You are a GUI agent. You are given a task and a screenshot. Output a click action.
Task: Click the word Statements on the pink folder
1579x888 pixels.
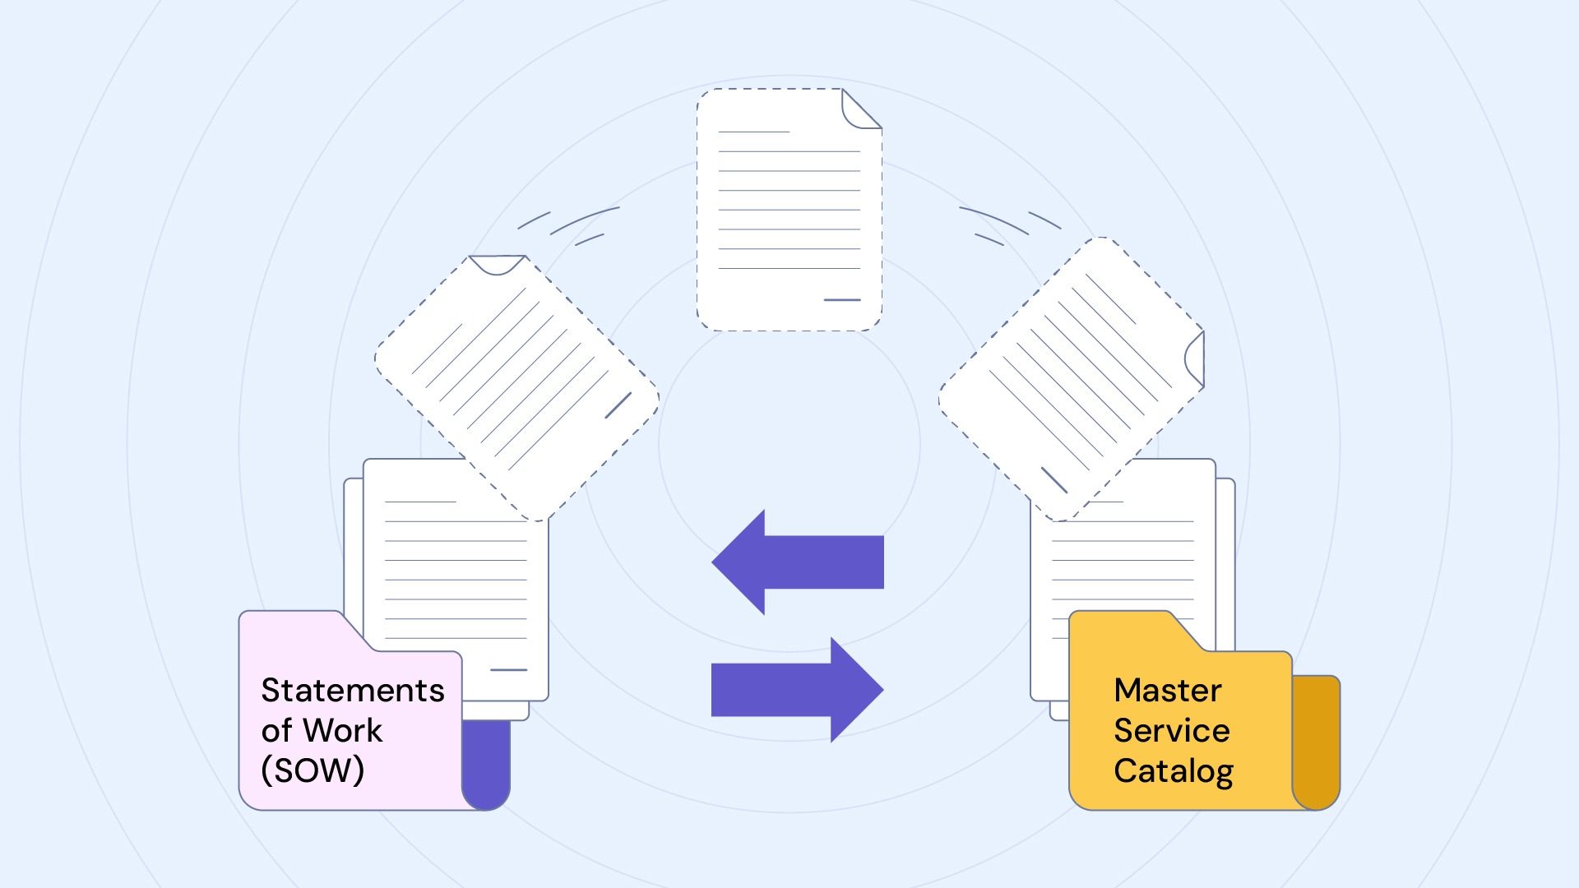click(x=353, y=691)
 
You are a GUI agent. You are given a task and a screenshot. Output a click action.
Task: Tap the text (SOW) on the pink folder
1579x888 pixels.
click(x=313, y=770)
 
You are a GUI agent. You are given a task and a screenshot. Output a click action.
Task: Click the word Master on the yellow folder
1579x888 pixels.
click(x=1168, y=691)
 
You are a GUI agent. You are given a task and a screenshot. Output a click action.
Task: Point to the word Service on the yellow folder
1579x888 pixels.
click(x=1172, y=730)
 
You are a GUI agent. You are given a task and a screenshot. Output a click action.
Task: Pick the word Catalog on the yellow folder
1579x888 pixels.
click(x=1174, y=771)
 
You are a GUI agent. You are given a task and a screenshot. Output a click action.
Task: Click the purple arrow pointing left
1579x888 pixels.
click(x=798, y=562)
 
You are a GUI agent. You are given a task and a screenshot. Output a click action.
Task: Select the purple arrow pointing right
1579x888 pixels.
click(x=798, y=690)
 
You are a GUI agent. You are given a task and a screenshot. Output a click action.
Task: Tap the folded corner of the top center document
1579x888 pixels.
click(x=859, y=111)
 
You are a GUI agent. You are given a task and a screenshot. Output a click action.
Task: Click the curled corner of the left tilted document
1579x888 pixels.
click(x=497, y=265)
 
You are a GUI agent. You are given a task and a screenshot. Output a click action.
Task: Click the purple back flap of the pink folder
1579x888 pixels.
click(x=487, y=765)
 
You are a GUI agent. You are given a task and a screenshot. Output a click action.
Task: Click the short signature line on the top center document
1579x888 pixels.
click(x=842, y=300)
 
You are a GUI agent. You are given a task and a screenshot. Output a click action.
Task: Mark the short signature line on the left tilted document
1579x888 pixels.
click(x=618, y=405)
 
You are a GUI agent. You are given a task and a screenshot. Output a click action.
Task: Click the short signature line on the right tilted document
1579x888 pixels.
click(x=1054, y=480)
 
